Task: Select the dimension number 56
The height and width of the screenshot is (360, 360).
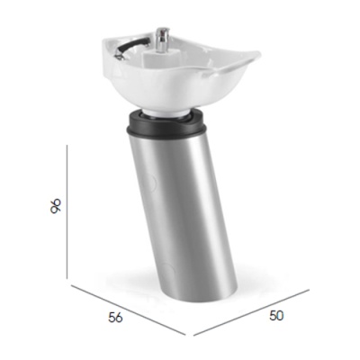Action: [x=115, y=317]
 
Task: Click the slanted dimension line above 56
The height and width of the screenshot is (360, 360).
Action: [x=130, y=310]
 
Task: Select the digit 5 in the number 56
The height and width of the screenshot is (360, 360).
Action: [x=111, y=317]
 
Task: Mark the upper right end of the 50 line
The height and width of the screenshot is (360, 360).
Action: [x=310, y=290]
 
